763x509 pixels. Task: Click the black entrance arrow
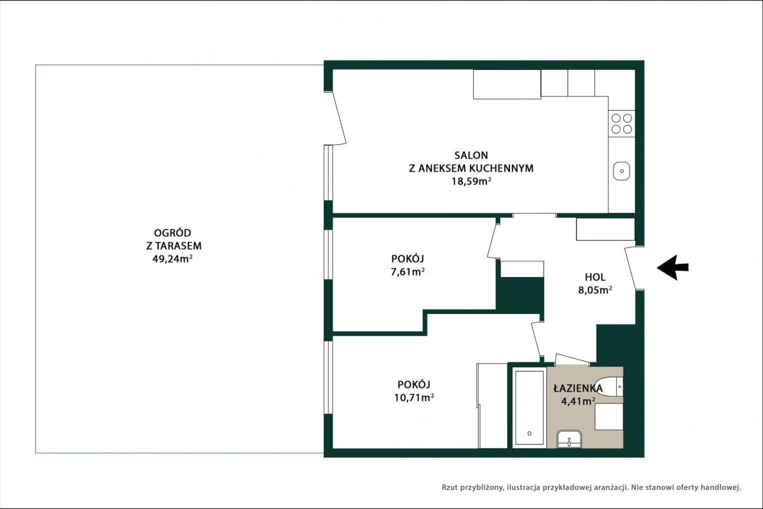673,268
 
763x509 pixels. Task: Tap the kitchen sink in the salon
622,171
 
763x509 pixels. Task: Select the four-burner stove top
622,123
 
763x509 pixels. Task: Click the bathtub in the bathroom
529,408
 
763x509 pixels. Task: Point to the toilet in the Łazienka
610,386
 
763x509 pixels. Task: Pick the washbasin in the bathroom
569,439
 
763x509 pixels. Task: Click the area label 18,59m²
471,182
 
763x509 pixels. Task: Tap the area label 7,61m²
408,272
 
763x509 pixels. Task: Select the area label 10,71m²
414,398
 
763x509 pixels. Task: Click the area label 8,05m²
595,290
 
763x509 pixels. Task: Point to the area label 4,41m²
578,402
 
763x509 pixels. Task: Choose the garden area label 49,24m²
172,259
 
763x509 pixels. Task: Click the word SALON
471,155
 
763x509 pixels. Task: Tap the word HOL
595,277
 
